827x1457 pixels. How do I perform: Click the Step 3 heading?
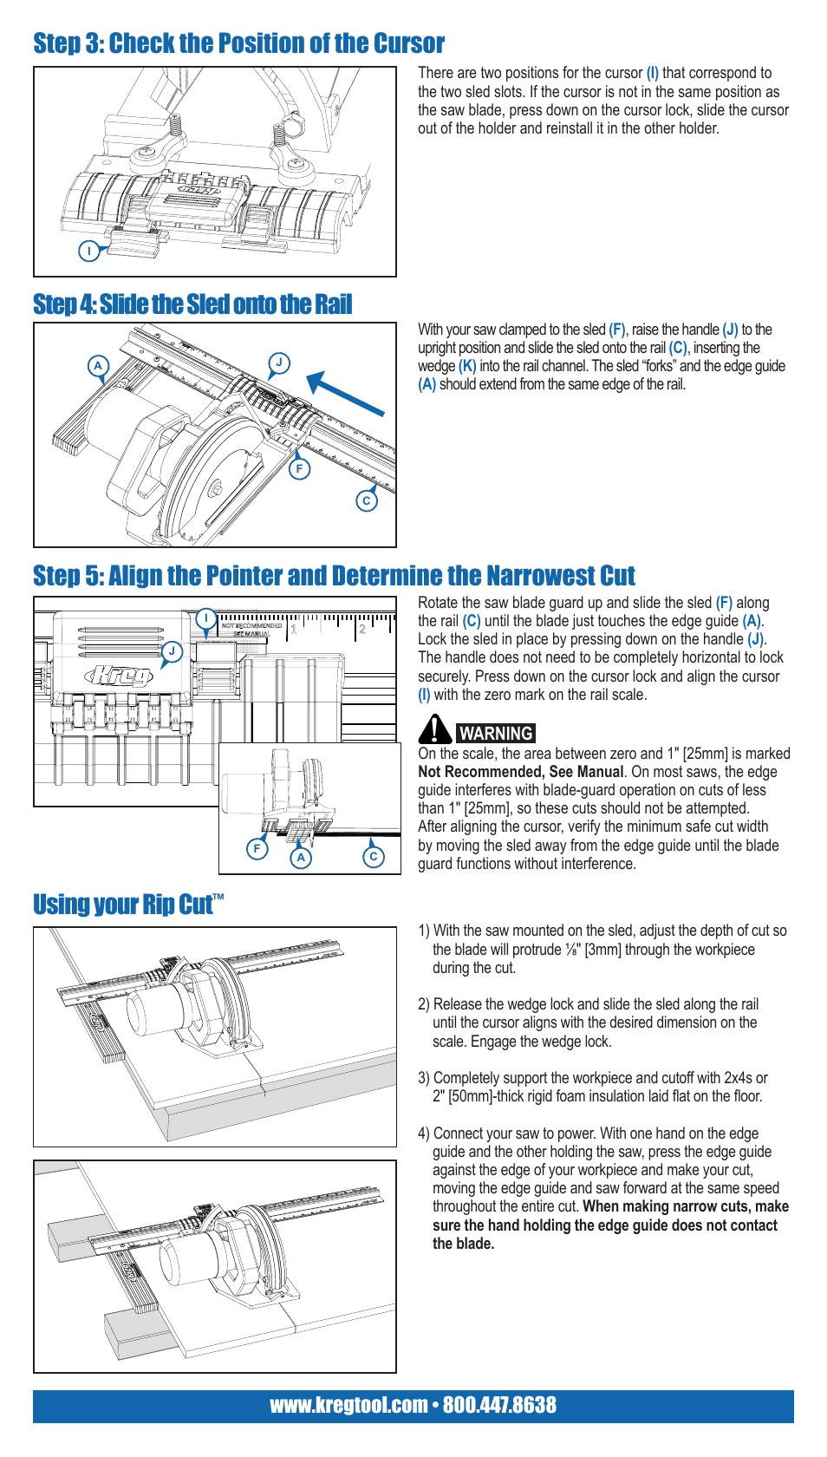tap(238, 43)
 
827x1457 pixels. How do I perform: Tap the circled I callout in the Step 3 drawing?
tap(89, 252)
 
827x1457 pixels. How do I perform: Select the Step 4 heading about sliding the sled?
tap(192, 304)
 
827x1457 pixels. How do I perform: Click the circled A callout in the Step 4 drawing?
tap(99, 366)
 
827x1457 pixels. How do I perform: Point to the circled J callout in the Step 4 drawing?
tap(278, 363)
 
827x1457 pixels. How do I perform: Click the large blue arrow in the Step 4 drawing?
tap(345, 394)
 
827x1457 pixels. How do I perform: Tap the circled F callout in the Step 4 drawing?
tap(299, 469)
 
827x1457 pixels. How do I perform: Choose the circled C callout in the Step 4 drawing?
tap(367, 500)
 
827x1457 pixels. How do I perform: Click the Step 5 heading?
tap(334, 576)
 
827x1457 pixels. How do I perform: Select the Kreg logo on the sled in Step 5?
tap(119, 675)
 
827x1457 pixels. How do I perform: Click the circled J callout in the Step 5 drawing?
tap(173, 651)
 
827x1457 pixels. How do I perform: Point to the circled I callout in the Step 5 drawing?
tap(205, 618)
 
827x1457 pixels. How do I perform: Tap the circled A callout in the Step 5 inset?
tap(301, 858)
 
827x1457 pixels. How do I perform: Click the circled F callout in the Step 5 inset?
tap(257, 848)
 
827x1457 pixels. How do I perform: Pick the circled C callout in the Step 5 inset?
tap(373, 857)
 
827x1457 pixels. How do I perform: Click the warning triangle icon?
tap(434, 729)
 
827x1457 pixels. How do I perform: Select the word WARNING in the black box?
tap(496, 734)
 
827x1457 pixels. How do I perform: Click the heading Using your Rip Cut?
tap(128, 905)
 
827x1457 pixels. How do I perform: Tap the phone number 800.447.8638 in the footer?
tap(499, 1405)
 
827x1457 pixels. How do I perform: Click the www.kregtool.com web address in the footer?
tap(348, 1405)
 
